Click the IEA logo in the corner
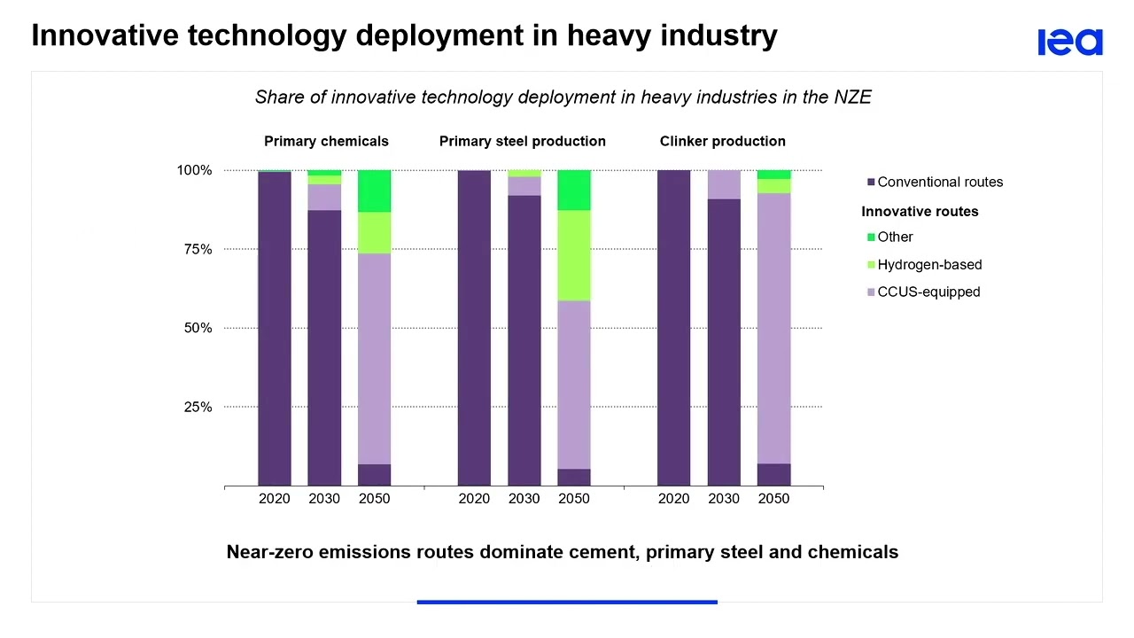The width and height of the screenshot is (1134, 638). [1070, 42]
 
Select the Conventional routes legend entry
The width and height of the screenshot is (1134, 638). [939, 182]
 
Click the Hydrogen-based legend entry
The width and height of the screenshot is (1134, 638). [928, 264]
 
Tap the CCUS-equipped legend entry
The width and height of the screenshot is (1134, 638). [928, 292]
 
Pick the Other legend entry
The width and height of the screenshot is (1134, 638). [894, 237]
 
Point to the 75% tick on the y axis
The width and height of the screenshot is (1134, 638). [198, 249]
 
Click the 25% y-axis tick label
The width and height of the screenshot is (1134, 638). [198, 407]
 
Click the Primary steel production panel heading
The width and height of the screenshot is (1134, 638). [522, 141]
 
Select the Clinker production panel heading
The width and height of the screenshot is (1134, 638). [722, 141]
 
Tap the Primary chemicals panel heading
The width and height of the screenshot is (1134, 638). [326, 141]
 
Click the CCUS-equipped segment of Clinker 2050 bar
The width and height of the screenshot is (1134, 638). [773, 328]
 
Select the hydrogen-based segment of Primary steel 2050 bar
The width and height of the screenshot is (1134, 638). [573, 255]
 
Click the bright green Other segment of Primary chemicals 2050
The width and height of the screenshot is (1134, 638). [374, 191]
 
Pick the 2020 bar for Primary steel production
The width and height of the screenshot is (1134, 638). [474, 328]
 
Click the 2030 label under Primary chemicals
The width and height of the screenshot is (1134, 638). [324, 498]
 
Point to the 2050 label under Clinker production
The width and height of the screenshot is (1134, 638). [773, 498]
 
